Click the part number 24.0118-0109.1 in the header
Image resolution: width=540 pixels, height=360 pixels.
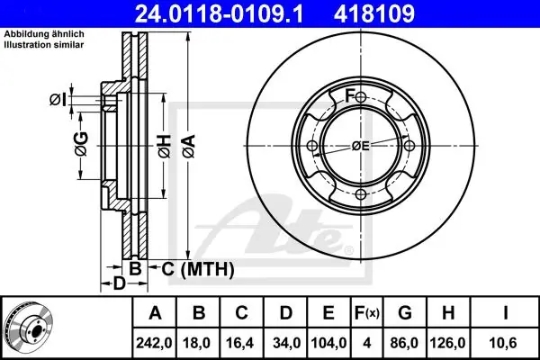click(219, 14)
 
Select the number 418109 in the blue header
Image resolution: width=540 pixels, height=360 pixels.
click(374, 14)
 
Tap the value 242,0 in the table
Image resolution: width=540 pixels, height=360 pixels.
click(154, 343)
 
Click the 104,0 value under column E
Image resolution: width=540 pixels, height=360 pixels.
click(328, 343)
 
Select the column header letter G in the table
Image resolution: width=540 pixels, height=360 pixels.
click(405, 313)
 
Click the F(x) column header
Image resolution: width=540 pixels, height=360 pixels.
click(367, 313)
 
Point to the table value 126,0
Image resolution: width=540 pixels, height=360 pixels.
click(447, 343)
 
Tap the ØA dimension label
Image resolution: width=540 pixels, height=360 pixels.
click(189, 146)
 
